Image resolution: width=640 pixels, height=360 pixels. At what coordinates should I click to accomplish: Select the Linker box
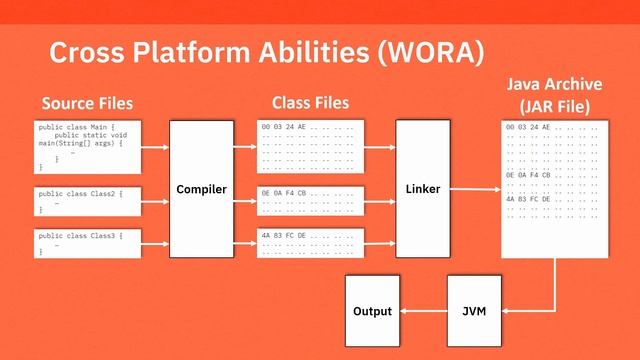point(423,189)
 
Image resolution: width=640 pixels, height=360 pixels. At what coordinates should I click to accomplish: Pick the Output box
point(372,311)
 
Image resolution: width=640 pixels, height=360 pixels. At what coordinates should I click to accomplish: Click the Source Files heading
point(87,103)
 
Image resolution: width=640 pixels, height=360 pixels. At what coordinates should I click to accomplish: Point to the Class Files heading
point(310,103)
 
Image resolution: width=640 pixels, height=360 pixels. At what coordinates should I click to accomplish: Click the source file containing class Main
point(86,146)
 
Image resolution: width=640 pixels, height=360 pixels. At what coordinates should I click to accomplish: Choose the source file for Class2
point(86,201)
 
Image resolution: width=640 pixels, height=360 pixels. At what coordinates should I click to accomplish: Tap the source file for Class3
point(86,244)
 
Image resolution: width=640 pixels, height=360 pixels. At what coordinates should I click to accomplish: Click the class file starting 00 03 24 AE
point(310,146)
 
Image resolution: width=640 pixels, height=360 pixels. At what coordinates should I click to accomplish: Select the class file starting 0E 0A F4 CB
point(310,199)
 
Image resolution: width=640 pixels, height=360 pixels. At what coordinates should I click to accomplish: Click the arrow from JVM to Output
point(423,311)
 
